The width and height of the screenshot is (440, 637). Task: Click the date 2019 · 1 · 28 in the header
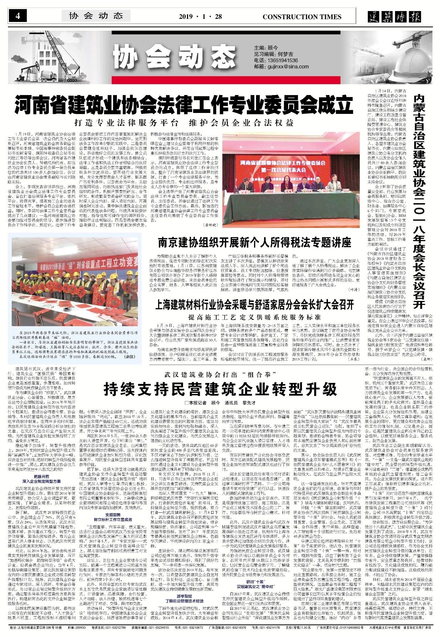pos(200,17)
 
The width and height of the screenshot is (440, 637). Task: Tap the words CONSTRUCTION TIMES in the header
pos(302,17)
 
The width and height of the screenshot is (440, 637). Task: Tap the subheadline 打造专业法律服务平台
pos(126,123)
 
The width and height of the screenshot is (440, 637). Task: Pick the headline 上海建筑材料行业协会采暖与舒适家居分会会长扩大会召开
pos(254,305)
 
